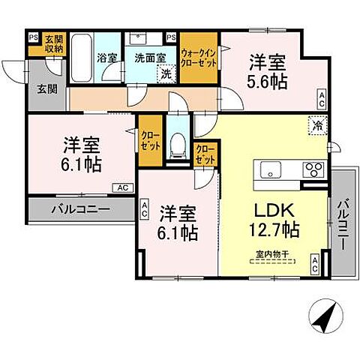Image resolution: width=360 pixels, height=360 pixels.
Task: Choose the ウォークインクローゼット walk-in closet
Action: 199,58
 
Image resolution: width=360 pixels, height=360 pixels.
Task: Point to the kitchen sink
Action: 270,168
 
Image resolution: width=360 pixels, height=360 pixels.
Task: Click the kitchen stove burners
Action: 313,168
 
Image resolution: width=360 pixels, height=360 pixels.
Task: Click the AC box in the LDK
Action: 315,263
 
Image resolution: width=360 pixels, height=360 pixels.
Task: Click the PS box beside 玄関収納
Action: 33,37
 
